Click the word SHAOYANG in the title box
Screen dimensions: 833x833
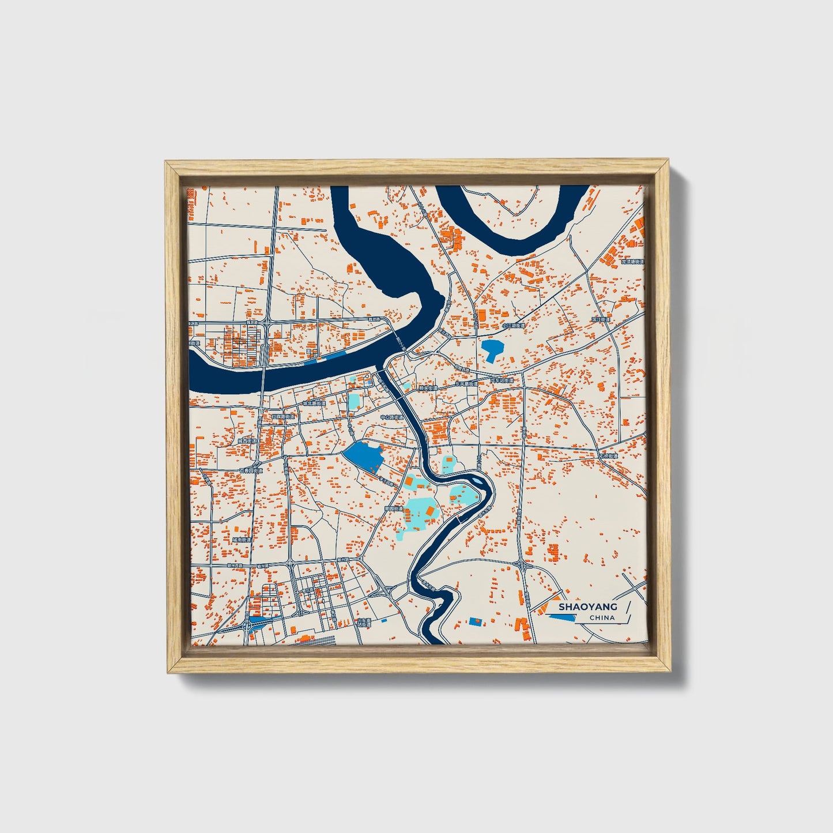click(587, 606)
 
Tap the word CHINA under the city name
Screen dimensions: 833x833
click(602, 617)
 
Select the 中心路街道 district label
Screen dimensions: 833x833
click(391, 417)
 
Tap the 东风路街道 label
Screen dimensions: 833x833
click(466, 383)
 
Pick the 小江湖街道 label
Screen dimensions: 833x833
click(513, 326)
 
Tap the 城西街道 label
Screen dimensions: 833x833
click(248, 441)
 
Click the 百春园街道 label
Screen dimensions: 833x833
click(251, 470)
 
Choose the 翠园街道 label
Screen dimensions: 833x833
click(393, 509)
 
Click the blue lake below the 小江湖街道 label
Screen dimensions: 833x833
click(492, 349)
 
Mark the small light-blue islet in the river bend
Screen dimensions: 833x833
click(477, 478)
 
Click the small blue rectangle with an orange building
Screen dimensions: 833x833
click(475, 621)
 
